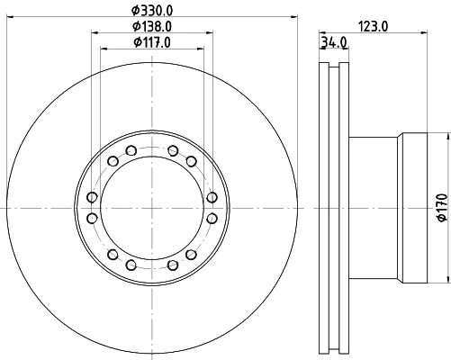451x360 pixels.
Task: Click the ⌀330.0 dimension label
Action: [152, 11]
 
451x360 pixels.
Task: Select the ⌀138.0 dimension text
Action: [152, 26]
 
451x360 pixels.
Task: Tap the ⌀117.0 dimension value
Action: [152, 42]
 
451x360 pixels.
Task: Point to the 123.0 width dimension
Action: [374, 27]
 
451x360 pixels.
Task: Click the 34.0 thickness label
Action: [334, 42]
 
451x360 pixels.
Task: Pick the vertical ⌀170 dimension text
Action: [443, 208]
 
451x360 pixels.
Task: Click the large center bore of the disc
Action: [152, 208]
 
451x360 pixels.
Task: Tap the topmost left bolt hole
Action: [131, 150]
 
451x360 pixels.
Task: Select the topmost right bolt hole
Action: [173, 150]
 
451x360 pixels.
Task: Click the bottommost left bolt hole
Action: [131, 265]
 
